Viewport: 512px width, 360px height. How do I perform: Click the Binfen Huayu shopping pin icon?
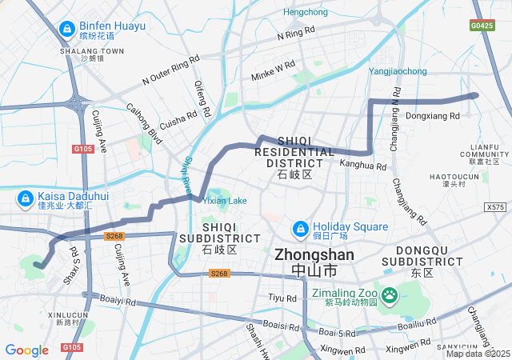(x=67, y=30)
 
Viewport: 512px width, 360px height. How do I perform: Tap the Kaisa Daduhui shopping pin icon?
(x=26, y=198)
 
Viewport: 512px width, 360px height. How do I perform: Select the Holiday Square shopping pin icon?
(x=300, y=229)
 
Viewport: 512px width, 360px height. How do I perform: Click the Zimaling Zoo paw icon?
(x=390, y=296)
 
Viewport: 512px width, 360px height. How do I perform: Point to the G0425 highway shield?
(x=482, y=26)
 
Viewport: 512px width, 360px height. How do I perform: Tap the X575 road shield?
(x=495, y=207)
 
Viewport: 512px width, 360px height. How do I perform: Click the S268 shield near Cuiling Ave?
(x=114, y=236)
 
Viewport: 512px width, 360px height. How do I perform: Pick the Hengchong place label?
(x=306, y=12)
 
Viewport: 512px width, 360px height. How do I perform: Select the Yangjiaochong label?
(x=398, y=71)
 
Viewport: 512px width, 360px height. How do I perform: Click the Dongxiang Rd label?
(x=433, y=116)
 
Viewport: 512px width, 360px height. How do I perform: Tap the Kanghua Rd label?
(x=363, y=166)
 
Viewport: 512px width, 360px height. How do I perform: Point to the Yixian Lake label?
(x=225, y=201)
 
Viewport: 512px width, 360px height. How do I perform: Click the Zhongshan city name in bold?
(x=314, y=255)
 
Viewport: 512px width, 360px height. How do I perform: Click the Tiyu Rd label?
(x=282, y=298)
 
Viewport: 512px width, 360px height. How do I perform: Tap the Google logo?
(x=26, y=350)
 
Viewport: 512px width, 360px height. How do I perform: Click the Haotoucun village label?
(x=476, y=176)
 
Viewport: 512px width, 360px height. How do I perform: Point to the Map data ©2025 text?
(x=478, y=354)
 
